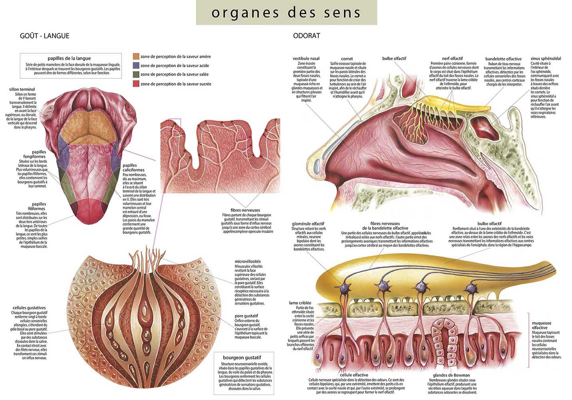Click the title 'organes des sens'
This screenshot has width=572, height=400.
coord(286,12)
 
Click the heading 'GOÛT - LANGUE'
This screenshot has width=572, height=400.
coord(44,36)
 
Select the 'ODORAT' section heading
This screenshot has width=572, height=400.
coord(307,36)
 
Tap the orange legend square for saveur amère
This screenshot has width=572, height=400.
coord(136,56)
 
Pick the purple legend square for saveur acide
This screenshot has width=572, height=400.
coord(136,65)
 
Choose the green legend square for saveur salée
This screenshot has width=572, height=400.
coord(136,74)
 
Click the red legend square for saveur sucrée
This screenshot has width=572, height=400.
coord(136,84)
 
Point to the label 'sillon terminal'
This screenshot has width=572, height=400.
coord(22,89)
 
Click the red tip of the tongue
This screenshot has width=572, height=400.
coord(88,212)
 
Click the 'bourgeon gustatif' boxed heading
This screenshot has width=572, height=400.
coord(242,357)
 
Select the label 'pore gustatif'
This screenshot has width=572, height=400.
coord(246,316)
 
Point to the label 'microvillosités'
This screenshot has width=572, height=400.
coord(247,262)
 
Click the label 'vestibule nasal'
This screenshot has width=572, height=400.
coord(306,59)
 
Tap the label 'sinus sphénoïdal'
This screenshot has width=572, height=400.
coord(546,59)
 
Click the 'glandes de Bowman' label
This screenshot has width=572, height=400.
coord(451,375)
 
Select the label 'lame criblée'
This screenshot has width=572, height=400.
coord(300,303)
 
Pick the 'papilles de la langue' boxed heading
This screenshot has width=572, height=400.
coord(69,58)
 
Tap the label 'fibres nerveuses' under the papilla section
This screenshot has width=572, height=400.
coord(245,210)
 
